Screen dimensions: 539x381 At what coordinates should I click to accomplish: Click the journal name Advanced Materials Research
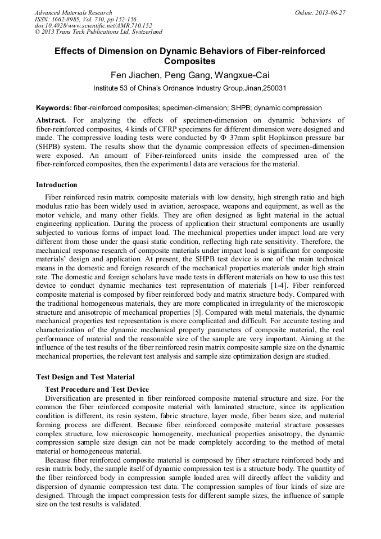pos(73,12)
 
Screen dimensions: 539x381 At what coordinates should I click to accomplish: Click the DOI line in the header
pos(93,25)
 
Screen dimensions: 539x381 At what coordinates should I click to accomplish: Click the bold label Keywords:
pos(53,108)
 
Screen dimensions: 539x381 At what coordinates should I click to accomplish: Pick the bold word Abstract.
pos(51,120)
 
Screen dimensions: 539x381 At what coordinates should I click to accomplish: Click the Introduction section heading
pos(57,185)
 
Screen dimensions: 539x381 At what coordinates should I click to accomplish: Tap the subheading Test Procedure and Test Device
pos(97,389)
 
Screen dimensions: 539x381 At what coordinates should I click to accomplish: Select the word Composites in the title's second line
pos(190,61)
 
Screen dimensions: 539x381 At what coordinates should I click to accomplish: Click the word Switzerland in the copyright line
pos(144,32)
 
